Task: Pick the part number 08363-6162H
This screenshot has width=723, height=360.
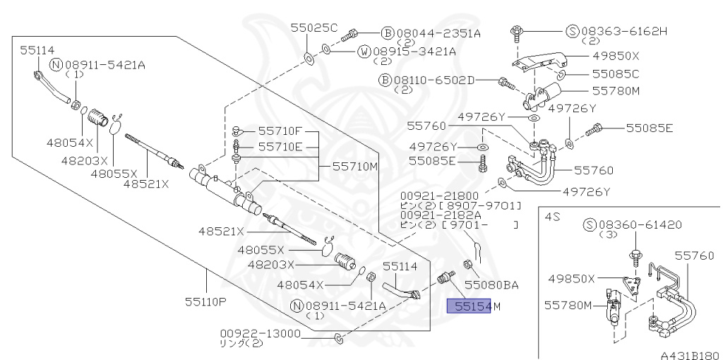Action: [624, 31]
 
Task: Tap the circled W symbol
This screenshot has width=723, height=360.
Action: [364, 52]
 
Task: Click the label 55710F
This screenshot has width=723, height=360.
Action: [280, 131]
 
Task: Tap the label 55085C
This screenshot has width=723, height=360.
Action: [615, 73]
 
